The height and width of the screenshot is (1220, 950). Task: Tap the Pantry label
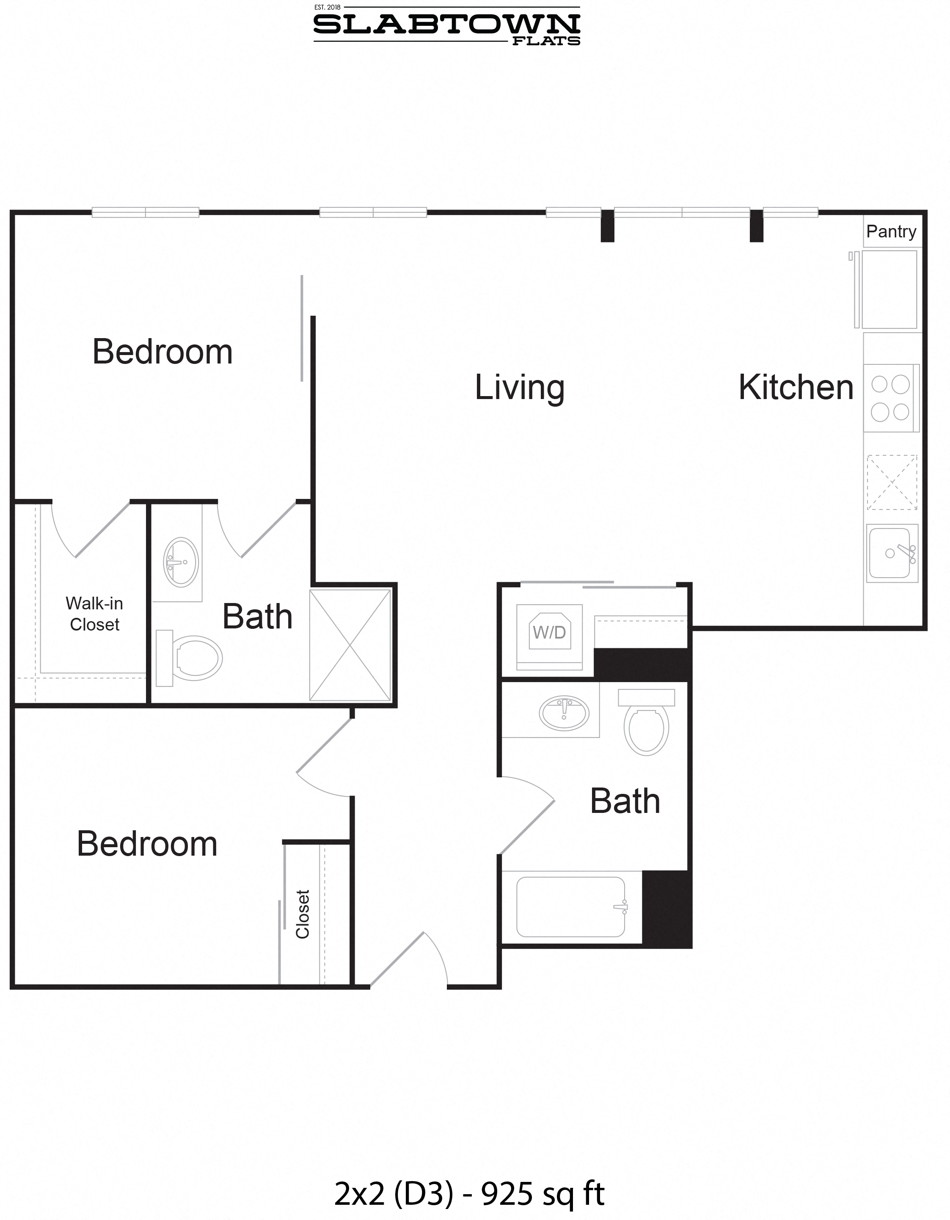tap(891, 231)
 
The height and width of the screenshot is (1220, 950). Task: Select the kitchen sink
tap(891, 553)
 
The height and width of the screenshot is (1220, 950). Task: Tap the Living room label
tap(519, 387)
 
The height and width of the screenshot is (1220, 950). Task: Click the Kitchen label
tap(796, 387)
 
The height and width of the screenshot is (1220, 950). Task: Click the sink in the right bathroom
tap(564, 713)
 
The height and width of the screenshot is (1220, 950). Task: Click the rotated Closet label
tap(302, 914)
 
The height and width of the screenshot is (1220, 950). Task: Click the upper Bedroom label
tap(162, 352)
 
